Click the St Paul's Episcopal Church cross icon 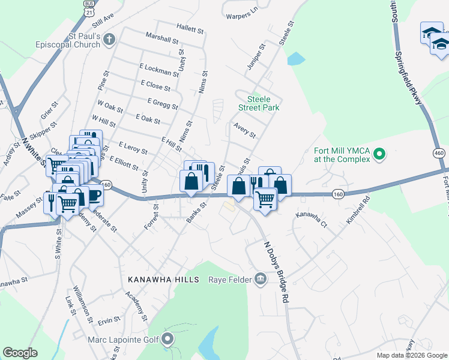[109, 40]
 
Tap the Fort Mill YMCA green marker [379, 155]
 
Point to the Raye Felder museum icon [260, 279]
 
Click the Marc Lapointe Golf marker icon [168, 340]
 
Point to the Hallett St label [191, 27]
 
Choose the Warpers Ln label [242, 10]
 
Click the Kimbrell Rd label [358, 209]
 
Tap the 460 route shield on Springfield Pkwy [438, 154]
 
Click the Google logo [20, 353]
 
